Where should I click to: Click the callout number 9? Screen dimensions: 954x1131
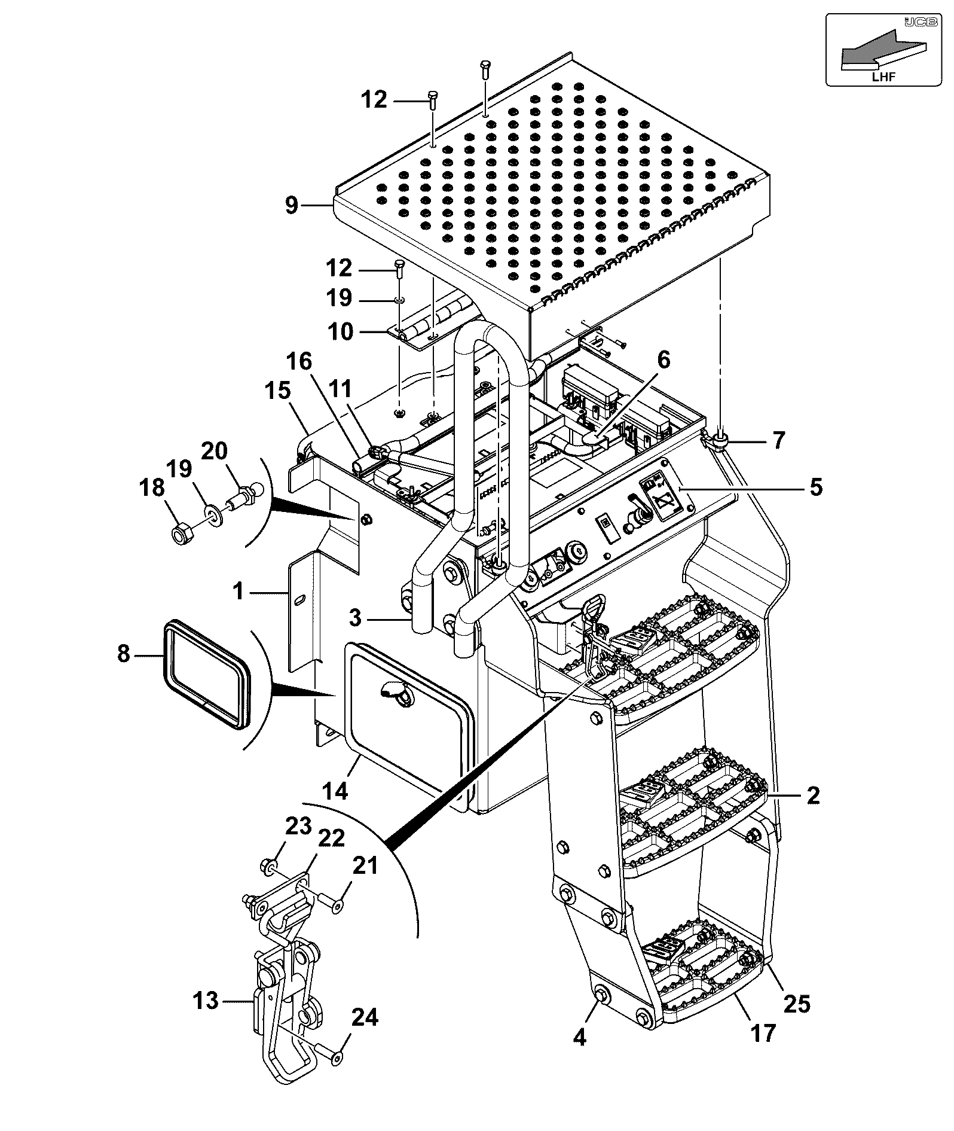(x=291, y=205)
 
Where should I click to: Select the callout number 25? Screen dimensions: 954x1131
(x=797, y=1003)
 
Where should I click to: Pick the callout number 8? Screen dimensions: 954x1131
(x=123, y=654)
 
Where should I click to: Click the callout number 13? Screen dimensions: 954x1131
(x=206, y=1000)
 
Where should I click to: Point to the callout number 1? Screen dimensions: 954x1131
(x=239, y=592)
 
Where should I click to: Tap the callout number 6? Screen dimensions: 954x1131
(x=663, y=359)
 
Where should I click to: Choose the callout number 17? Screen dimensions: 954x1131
(x=762, y=1033)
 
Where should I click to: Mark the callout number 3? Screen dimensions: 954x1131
(x=356, y=617)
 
